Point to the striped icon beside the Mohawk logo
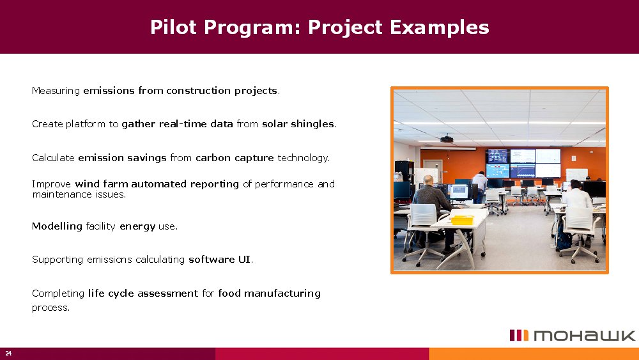tap(519, 336)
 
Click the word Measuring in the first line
tap(56, 91)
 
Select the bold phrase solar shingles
tap(298, 124)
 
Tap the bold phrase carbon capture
tap(235, 157)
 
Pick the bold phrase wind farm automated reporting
tap(157, 184)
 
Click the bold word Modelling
tap(57, 226)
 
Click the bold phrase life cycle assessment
tap(142, 293)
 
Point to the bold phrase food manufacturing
tap(269, 293)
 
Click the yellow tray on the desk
tap(461, 220)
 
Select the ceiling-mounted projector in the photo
tap(447, 138)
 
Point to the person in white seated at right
tap(576, 198)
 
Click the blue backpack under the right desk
tap(563, 240)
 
